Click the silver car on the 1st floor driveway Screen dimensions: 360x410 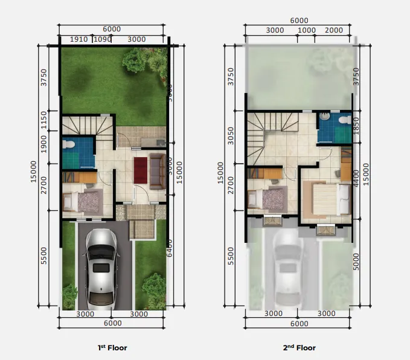[99, 266]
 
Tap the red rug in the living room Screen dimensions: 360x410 [140, 170]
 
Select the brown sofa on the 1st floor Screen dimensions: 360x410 [158, 170]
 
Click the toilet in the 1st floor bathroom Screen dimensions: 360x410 [69, 145]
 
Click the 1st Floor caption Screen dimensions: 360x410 [112, 348]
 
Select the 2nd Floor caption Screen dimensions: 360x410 [299, 348]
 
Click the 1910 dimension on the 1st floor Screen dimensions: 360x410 [79, 39]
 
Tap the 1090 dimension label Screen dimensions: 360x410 [102, 39]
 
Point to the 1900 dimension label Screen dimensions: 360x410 [43, 145]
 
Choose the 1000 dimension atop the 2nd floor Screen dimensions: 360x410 [307, 30]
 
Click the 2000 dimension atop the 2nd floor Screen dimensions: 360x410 [333, 30]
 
